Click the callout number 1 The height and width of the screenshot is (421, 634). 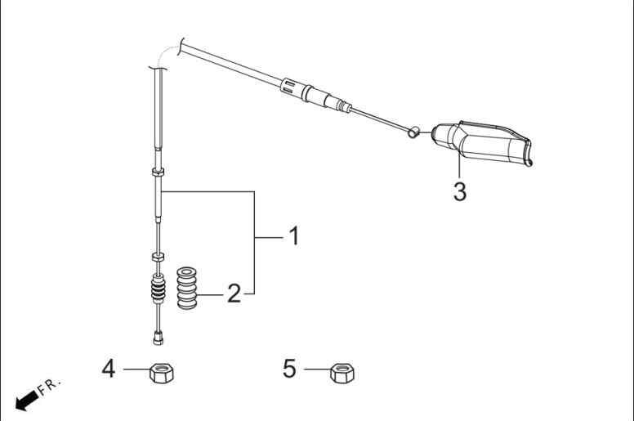[295, 235]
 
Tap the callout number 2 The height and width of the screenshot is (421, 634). [234, 293]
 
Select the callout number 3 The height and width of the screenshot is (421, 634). [460, 191]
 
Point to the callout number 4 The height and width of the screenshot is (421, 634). [109, 369]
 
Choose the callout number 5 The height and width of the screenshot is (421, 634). [289, 369]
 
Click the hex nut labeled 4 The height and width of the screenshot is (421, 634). [162, 373]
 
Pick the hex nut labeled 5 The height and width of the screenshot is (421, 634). [342, 373]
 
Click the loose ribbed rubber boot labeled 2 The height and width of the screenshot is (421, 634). [187, 289]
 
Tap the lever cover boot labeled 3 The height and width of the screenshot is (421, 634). [482, 143]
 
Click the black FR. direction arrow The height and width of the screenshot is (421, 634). [27, 400]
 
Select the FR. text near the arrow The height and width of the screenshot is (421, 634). [49, 386]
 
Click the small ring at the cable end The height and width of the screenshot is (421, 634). [413, 132]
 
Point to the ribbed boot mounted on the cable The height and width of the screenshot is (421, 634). [158, 289]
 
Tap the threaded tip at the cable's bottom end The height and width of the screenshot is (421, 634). [158, 338]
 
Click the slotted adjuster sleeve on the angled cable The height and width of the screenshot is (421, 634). [290, 87]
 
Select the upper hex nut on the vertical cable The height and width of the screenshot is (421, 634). [158, 172]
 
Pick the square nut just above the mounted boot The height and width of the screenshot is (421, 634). [158, 258]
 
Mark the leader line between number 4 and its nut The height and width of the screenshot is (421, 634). [136, 369]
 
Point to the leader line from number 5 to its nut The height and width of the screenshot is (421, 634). [317, 369]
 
